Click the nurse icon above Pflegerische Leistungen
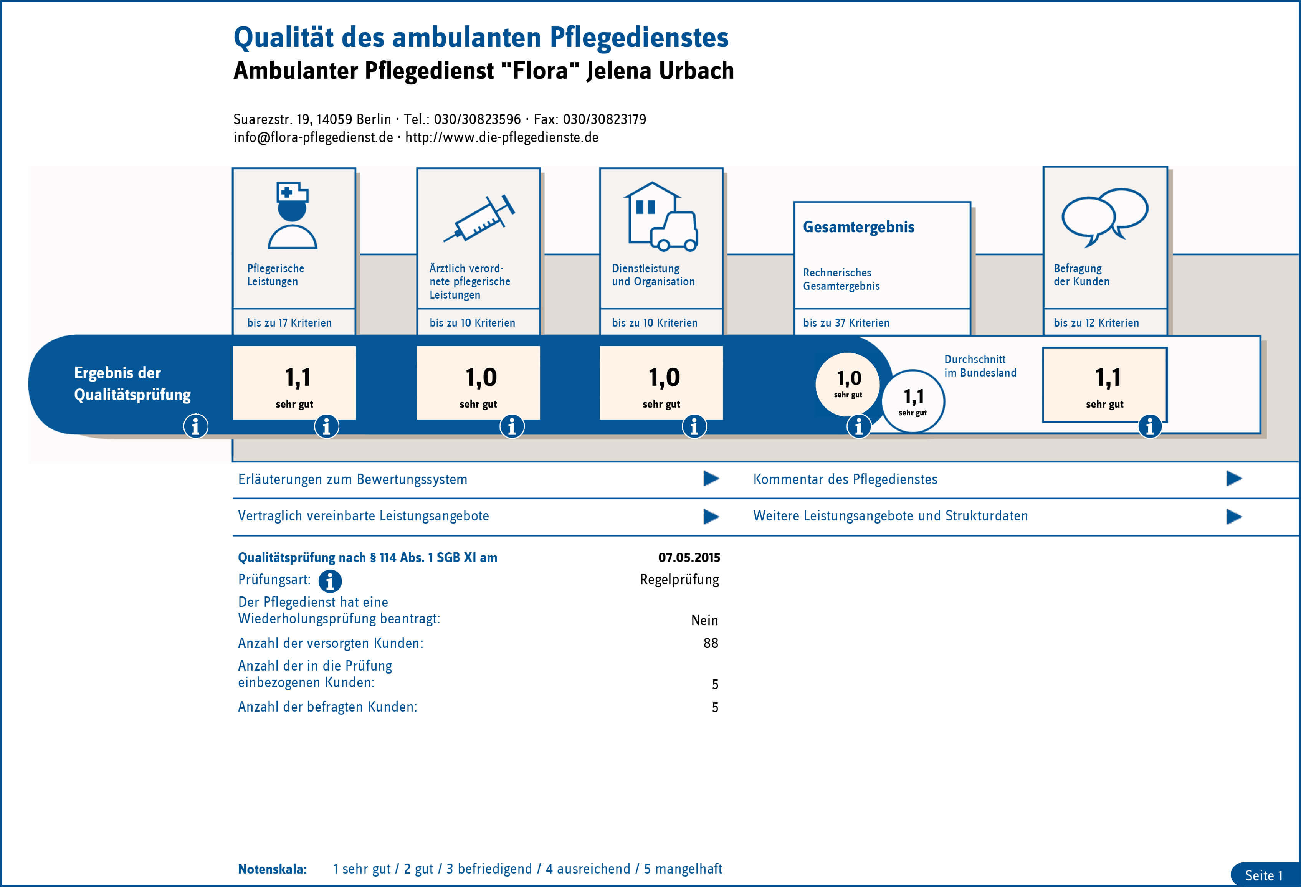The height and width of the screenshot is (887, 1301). [292, 215]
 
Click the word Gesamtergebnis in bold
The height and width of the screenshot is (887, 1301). [858, 227]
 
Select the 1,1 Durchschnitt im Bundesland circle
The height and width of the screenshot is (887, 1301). [913, 401]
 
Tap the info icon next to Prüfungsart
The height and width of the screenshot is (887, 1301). [330, 581]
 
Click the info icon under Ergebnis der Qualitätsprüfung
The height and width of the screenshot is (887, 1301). [195, 426]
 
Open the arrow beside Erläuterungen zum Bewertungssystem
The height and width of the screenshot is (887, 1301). [711, 479]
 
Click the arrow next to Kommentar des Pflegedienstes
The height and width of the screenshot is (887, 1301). [1234, 479]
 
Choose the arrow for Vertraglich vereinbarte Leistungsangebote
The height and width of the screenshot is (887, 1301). [711, 516]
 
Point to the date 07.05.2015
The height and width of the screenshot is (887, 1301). [689, 557]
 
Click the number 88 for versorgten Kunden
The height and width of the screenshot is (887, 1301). [711, 643]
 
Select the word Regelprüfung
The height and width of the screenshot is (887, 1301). [679, 580]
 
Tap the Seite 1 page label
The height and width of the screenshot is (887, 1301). [1263, 875]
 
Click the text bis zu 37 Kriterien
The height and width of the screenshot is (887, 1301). [846, 323]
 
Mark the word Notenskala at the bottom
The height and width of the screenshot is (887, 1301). [272, 869]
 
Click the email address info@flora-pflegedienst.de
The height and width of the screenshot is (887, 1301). [313, 138]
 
